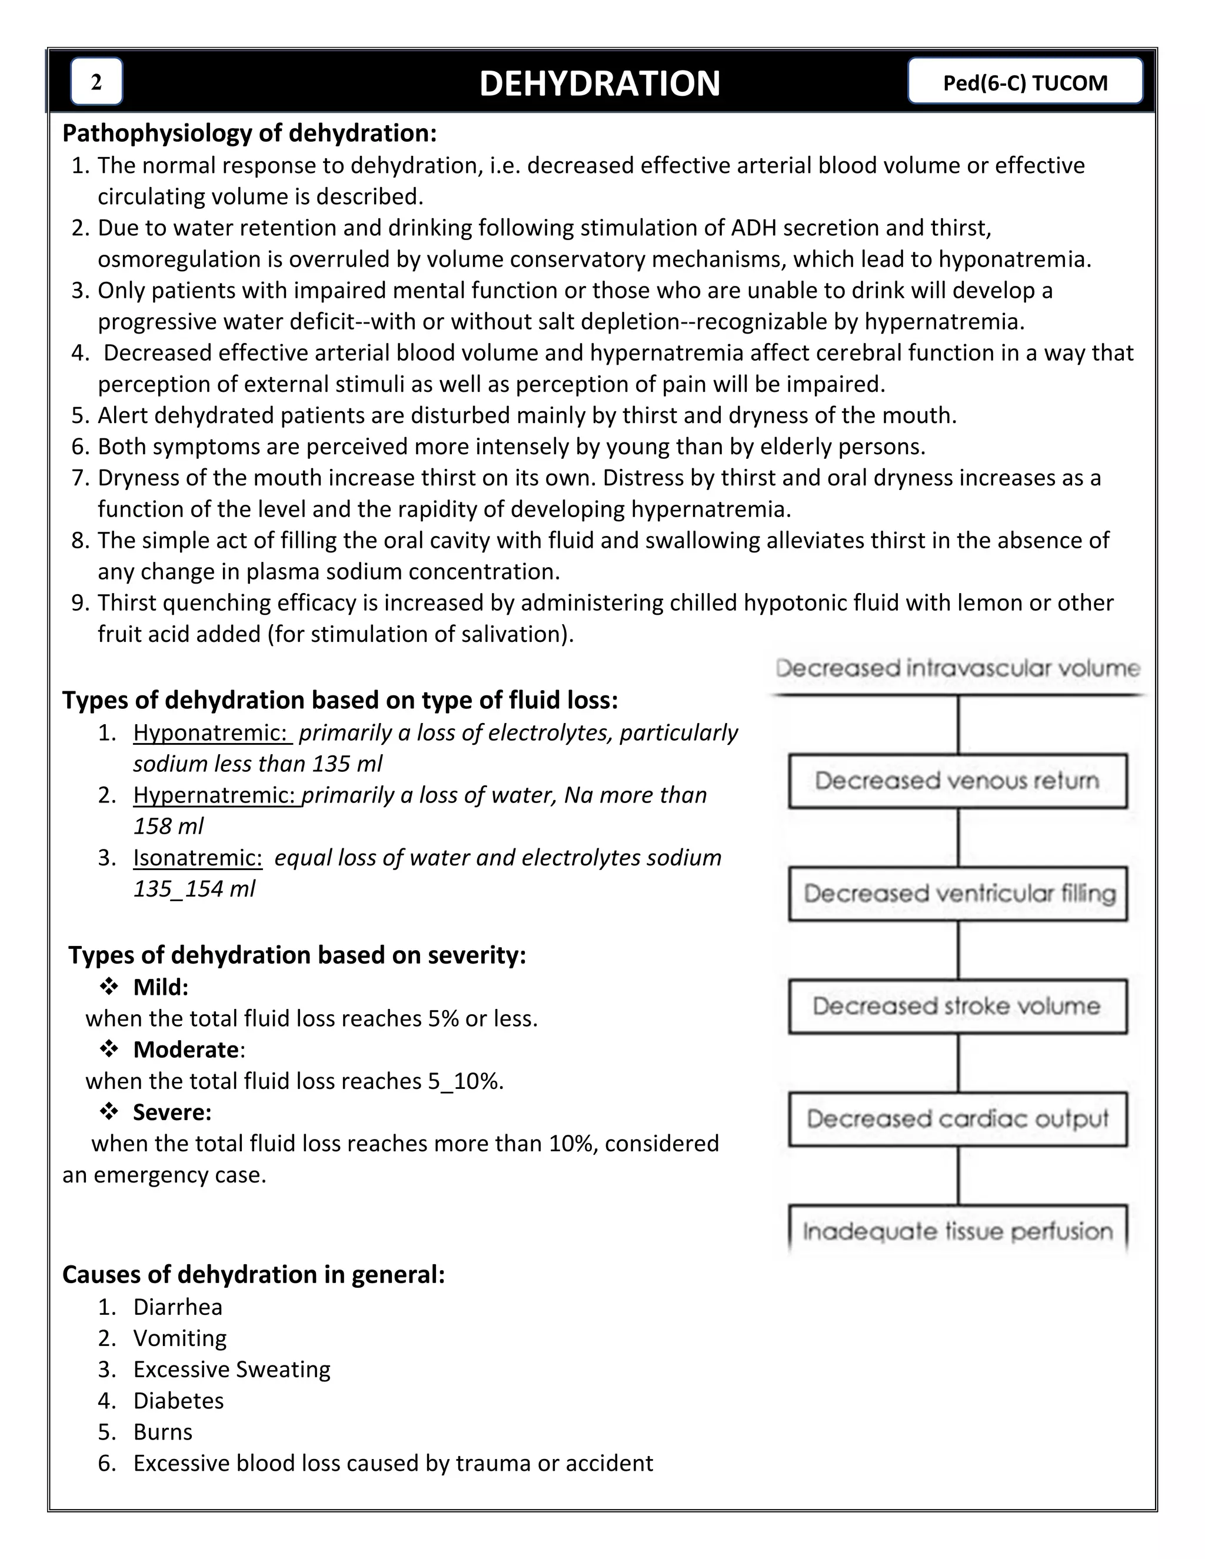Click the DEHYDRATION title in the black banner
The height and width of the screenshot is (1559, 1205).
click(599, 84)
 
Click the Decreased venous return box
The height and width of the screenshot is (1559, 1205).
click(957, 780)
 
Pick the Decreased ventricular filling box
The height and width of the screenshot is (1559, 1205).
click(957, 894)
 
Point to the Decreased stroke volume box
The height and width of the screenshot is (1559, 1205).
click(957, 1007)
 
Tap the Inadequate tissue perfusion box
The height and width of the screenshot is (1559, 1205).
click(957, 1231)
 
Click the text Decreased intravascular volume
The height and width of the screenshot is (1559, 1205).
click(957, 668)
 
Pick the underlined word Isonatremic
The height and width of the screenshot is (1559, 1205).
click(198, 857)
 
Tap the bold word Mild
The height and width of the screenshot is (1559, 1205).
click(161, 987)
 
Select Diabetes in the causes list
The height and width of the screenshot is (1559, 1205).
click(178, 1401)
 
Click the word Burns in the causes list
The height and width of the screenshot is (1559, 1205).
click(163, 1432)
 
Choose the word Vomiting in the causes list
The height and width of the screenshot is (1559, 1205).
click(180, 1338)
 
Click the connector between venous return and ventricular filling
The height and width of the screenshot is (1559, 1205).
click(958, 837)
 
